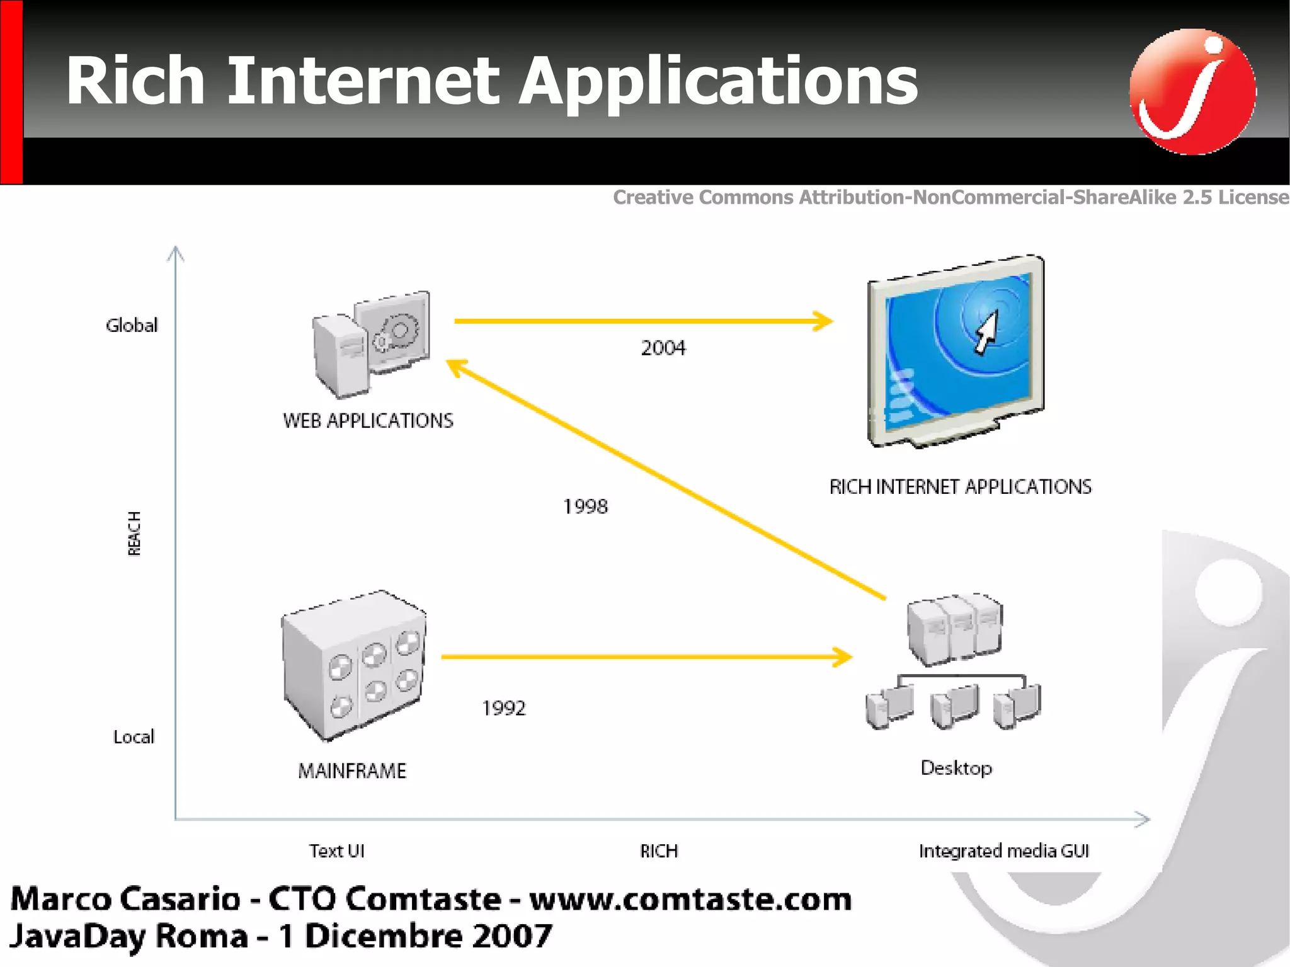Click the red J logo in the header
[1192, 91]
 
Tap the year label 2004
[663, 348]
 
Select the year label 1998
[585, 506]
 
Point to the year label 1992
[503, 708]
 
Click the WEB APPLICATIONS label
[368, 421]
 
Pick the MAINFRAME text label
[352, 770]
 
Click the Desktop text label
[956, 768]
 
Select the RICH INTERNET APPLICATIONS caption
[960, 487]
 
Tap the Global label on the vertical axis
[132, 326]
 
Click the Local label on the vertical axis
[134, 737]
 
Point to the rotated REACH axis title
[134, 534]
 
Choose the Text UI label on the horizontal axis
[336, 851]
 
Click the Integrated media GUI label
[1003, 851]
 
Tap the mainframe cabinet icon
[353, 665]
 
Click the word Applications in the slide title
[718, 82]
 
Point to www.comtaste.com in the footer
[690, 899]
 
